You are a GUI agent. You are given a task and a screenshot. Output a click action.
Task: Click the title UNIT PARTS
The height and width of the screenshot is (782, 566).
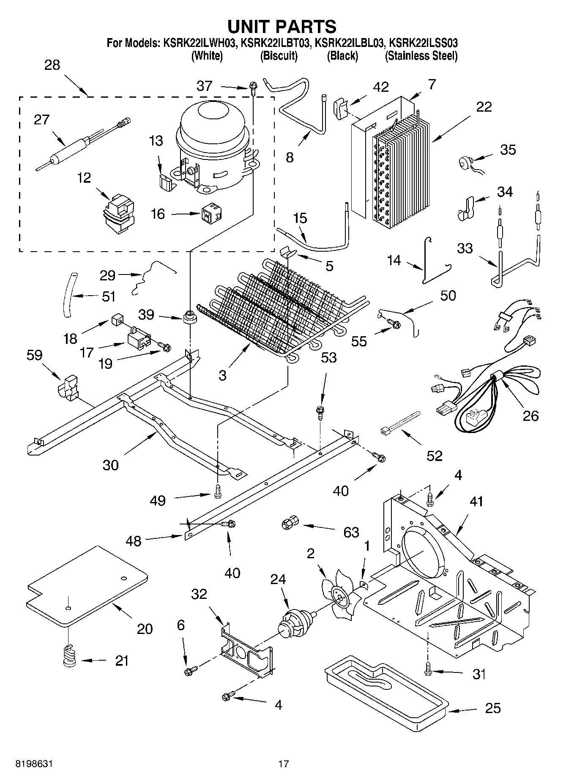tap(282, 26)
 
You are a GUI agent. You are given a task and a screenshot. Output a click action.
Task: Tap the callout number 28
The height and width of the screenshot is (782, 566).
tap(52, 65)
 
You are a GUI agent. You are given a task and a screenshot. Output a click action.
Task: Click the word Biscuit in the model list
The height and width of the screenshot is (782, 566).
tap(279, 56)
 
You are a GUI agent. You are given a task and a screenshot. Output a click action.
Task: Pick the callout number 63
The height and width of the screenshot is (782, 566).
tap(351, 532)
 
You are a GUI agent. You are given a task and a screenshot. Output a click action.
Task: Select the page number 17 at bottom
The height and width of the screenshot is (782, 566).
tap(283, 764)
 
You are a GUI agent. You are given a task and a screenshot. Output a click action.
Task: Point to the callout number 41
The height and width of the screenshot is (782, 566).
tap(476, 502)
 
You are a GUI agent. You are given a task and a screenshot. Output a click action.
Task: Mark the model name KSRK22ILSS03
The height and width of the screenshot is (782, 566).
tap(424, 43)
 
